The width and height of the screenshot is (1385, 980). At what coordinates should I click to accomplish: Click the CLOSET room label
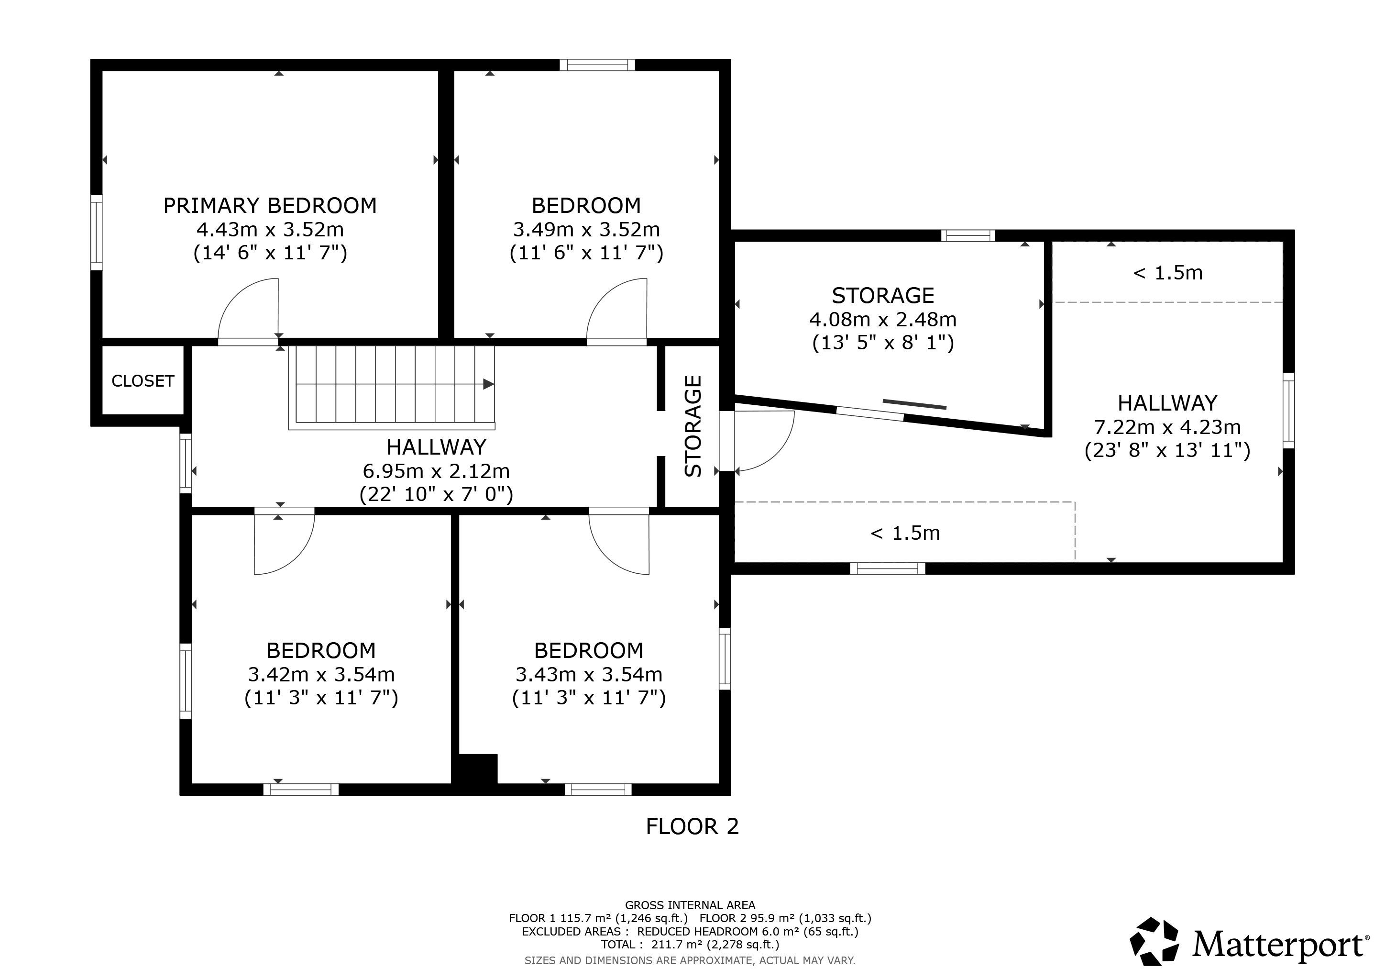143,381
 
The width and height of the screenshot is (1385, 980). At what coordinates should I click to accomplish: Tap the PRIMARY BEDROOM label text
270,206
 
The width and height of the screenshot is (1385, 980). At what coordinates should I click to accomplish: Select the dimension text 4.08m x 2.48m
883,319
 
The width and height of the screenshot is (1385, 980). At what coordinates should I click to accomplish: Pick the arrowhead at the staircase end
489,384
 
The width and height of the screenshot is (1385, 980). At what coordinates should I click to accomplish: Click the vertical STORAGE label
694,426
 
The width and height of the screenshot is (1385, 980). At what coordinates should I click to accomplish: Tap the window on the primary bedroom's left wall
97,233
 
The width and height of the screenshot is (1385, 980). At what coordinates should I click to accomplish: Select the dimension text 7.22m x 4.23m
1168,427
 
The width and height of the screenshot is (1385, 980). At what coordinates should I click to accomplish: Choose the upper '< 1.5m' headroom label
1168,273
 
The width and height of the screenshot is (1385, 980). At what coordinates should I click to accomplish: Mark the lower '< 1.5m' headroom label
905,533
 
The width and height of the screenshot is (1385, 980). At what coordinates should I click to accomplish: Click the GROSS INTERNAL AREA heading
690,905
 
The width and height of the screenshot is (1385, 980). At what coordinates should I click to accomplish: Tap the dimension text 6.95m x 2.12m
436,471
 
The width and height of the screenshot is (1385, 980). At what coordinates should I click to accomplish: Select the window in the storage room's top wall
968,236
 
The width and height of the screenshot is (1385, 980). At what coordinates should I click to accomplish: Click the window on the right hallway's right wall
1288,411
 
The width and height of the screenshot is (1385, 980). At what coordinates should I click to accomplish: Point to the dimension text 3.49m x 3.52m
586,230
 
